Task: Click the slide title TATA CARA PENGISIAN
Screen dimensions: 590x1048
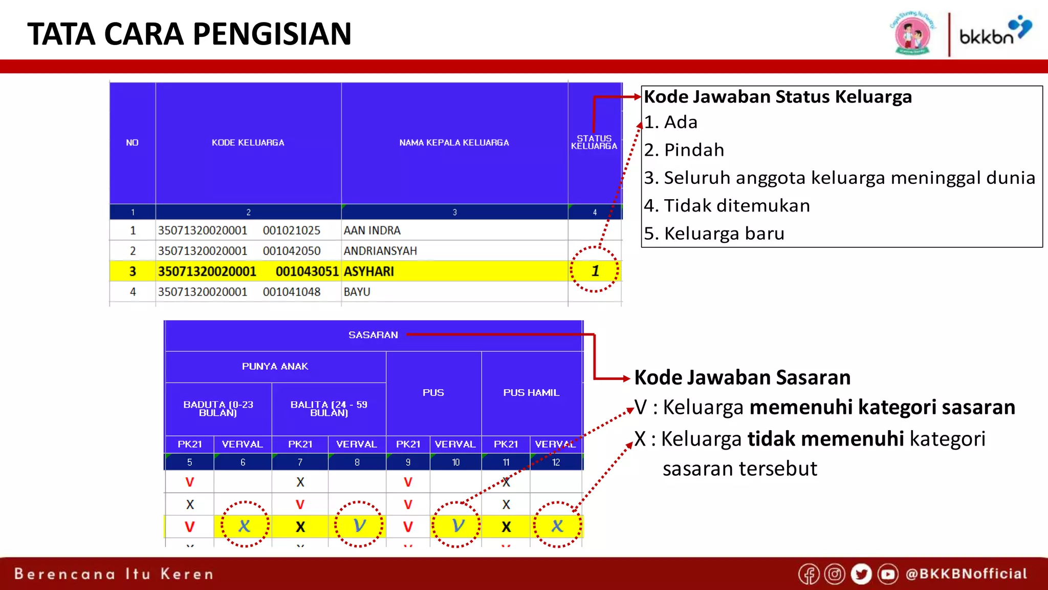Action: (189, 34)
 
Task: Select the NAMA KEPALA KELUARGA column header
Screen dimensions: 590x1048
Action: (454, 142)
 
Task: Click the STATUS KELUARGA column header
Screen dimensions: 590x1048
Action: (594, 142)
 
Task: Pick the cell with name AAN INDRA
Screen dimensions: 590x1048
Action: (372, 230)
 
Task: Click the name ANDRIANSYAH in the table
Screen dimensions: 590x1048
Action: (380, 251)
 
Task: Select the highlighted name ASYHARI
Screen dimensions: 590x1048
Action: (369, 271)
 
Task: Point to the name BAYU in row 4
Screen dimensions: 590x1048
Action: (357, 292)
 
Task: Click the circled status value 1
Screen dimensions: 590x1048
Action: (595, 270)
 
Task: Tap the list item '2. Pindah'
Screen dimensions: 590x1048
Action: (684, 150)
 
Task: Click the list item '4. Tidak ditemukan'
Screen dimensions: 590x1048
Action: (727, 206)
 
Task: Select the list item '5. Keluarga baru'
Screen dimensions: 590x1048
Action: (714, 234)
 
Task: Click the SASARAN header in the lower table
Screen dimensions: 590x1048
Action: (373, 335)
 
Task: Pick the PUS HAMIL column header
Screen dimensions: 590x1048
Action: (531, 393)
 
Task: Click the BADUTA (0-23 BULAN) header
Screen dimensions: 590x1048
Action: (218, 408)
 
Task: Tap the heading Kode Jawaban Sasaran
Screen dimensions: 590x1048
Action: (743, 377)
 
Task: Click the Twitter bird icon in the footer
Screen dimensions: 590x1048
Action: (861, 574)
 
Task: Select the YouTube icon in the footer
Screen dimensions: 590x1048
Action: (888, 574)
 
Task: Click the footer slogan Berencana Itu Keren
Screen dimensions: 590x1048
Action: (114, 574)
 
